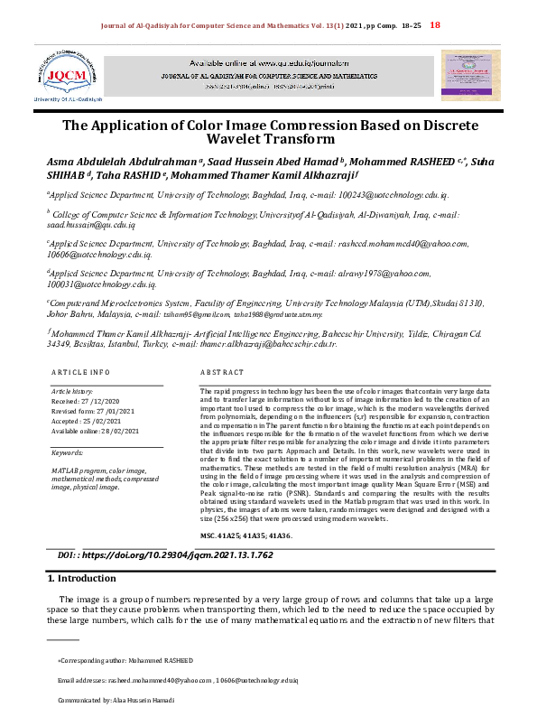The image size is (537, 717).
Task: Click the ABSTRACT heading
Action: coord(221,372)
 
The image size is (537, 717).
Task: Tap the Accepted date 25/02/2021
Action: coord(91,421)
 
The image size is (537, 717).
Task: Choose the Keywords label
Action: coord(69,452)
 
